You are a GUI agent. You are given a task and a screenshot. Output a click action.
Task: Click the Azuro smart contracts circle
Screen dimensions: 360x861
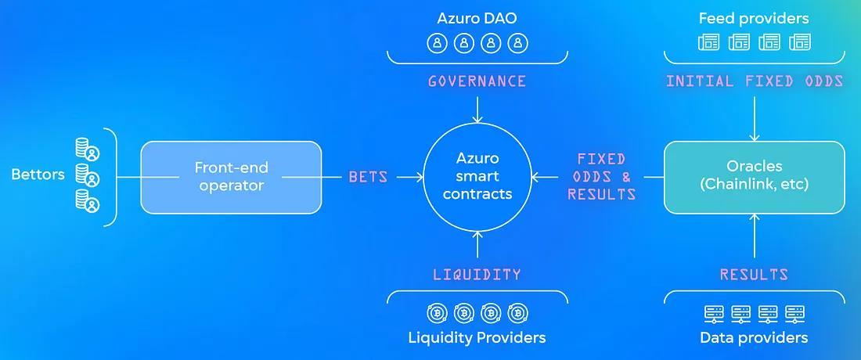477,177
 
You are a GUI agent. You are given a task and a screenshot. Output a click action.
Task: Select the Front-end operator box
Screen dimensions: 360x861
231,177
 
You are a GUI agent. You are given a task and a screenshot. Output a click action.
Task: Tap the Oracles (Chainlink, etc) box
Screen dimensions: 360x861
755,177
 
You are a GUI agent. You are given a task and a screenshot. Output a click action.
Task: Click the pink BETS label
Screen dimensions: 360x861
368,177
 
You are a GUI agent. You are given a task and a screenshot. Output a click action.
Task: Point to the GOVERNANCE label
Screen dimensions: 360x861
477,81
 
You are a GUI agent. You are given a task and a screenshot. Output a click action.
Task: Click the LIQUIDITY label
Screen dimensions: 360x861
477,275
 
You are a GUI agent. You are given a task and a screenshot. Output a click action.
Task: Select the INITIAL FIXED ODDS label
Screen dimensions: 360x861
755,81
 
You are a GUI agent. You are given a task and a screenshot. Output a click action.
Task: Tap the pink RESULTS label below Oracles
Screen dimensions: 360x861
755,275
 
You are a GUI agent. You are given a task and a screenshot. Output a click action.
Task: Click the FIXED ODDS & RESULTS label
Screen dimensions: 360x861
601,177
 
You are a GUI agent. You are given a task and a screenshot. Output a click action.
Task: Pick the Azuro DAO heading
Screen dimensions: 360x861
477,18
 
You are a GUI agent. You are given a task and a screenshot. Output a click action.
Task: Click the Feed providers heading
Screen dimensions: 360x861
754,18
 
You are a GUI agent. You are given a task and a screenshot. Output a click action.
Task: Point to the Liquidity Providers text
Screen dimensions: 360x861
477,338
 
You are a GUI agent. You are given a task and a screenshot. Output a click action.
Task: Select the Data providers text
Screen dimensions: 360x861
754,338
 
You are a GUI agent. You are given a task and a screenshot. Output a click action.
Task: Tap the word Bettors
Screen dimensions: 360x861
38,174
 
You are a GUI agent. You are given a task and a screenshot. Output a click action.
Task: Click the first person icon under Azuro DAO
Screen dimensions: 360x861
437,43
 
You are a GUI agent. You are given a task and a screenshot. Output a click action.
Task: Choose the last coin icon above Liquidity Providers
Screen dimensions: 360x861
517,313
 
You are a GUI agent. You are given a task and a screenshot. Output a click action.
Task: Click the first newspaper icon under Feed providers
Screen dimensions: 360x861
708,42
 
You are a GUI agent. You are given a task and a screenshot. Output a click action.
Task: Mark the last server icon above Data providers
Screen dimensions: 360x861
795,314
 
